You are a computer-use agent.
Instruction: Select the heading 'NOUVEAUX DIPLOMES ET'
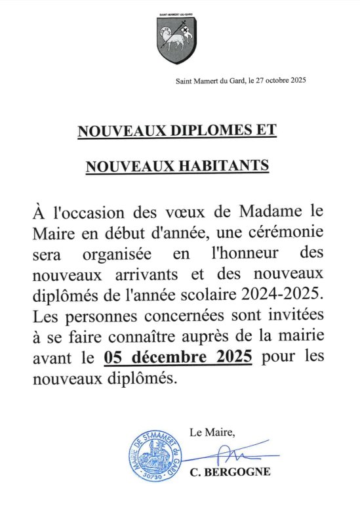177,131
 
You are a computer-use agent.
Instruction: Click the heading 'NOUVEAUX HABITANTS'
177,166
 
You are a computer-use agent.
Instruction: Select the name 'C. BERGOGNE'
229,472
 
